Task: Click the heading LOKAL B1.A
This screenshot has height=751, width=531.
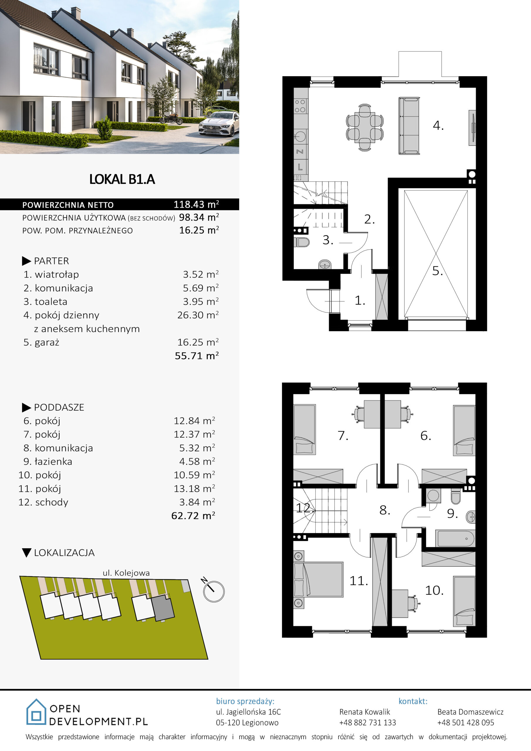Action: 122,179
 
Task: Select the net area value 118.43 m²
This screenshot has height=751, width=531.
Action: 196,204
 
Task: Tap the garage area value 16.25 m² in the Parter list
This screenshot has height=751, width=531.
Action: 198,342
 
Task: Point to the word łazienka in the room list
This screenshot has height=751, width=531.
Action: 54,461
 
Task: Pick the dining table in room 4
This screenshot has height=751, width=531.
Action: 365,128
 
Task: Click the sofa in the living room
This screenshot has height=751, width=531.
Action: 409,126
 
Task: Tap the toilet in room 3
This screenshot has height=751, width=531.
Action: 302,242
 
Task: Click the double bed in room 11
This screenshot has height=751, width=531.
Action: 318,580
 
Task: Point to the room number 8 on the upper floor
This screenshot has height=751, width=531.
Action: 385,510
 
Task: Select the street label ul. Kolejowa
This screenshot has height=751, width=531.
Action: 126,573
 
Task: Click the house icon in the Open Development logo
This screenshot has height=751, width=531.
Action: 36,712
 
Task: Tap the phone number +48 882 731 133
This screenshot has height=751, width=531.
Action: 367,723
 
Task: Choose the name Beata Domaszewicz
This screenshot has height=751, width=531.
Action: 471,712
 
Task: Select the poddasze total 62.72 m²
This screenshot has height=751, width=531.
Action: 193,516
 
